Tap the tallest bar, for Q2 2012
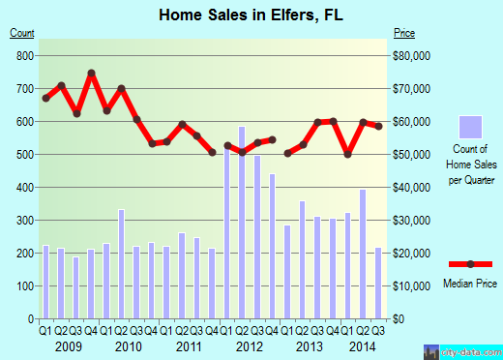pos(242,223)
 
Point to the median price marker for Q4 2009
pos(91,73)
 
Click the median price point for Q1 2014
pos(347,154)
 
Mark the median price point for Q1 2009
pos(45,98)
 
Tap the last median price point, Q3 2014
pos(378,127)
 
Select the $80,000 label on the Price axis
pos(413,56)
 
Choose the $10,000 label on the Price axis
pos(413,286)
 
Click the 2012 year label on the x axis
pos(250,346)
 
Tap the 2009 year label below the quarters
pos(69,346)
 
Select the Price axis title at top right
pos(405,33)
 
